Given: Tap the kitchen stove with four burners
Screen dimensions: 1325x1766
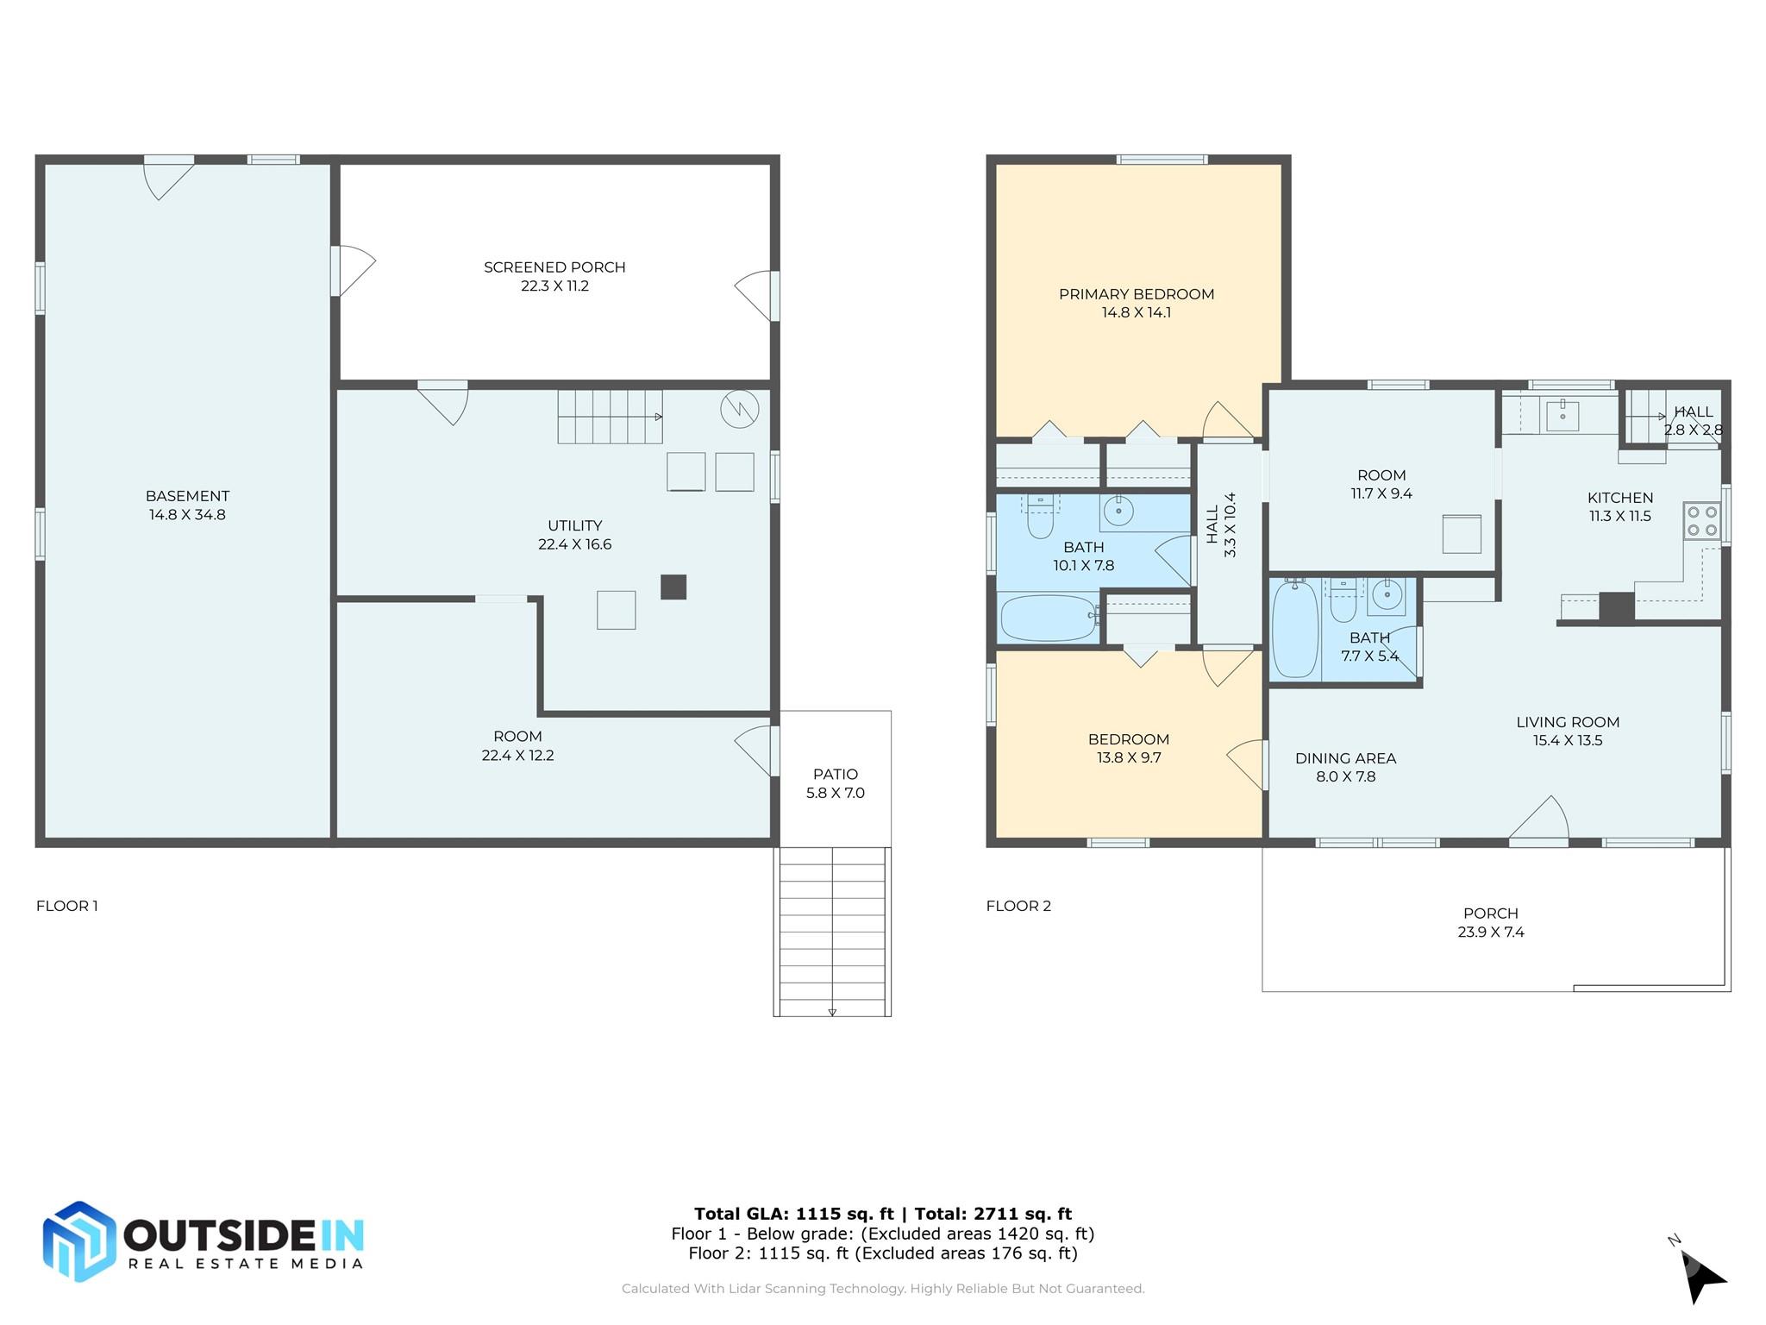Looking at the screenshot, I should pyautogui.click(x=1701, y=521).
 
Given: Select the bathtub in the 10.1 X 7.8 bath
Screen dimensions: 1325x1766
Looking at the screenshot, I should pyautogui.click(x=1048, y=618).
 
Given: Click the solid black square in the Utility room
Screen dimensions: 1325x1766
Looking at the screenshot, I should pyautogui.click(x=673, y=587).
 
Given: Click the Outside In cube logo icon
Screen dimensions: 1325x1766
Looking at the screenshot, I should pyautogui.click(x=79, y=1241).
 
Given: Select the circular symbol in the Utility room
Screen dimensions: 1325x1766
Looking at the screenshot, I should pyautogui.click(x=739, y=409).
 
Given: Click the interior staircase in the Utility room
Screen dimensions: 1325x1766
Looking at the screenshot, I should pyautogui.click(x=609, y=417).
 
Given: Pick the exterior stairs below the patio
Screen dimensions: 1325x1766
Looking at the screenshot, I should pyautogui.click(x=832, y=932).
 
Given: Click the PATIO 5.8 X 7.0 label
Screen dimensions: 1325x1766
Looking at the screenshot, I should pyautogui.click(x=835, y=783).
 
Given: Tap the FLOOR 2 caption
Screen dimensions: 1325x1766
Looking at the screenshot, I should pyautogui.click(x=1018, y=906).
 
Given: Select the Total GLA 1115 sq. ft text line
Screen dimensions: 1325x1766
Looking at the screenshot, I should pyautogui.click(x=882, y=1214).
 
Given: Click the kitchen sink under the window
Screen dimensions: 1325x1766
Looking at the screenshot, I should pyautogui.click(x=1562, y=416).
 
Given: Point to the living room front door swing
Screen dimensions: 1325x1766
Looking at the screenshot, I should pyautogui.click(x=1541, y=818).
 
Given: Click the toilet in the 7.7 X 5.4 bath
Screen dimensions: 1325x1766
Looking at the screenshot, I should pyautogui.click(x=1343, y=601).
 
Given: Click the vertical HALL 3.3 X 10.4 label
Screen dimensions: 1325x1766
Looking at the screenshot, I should pyautogui.click(x=1221, y=524).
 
